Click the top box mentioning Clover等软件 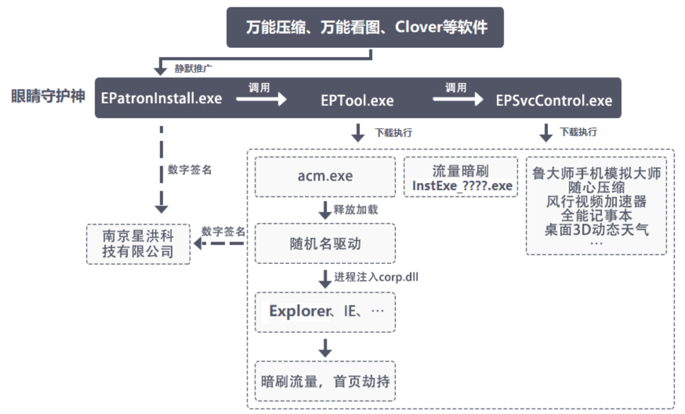[x=365, y=27]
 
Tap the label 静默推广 [x=193, y=68]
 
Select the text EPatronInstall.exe [x=161, y=98]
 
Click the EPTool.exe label [x=357, y=101]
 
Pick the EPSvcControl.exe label [x=554, y=101]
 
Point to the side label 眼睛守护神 [x=48, y=96]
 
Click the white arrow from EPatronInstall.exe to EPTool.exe [x=261, y=99]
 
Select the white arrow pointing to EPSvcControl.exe [x=458, y=99]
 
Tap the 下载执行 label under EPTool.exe [x=393, y=133]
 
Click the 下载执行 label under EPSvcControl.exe [x=578, y=132]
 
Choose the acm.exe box [x=325, y=176]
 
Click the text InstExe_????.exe [x=462, y=185]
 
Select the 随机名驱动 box [x=325, y=243]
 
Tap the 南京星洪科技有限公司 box [x=138, y=244]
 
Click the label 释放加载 [x=355, y=210]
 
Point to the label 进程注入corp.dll [x=376, y=277]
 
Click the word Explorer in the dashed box [x=300, y=311]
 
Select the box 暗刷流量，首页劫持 [x=325, y=381]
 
